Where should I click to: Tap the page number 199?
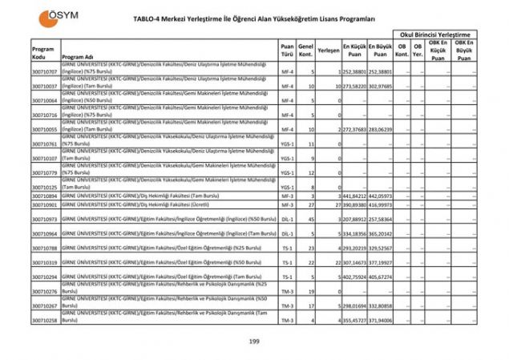click(254, 342)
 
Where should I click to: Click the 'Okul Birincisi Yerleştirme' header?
click(434, 35)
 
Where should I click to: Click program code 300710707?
click(44, 72)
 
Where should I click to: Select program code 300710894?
click(44, 196)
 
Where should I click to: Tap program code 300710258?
click(44, 320)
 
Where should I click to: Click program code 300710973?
click(44, 219)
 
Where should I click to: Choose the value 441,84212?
click(354, 196)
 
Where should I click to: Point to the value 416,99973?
click(381, 204)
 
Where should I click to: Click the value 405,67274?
click(381, 277)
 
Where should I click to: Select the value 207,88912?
click(354, 219)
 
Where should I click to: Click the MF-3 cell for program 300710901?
click(287, 204)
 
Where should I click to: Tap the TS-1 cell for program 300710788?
click(287, 248)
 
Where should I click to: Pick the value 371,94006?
click(381, 320)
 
